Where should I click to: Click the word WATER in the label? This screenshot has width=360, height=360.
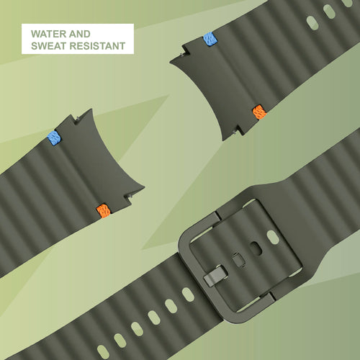45,34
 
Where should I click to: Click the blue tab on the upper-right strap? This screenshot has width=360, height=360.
210,39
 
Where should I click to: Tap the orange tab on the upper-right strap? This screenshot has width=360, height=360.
259,112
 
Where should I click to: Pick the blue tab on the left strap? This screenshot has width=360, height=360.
54,138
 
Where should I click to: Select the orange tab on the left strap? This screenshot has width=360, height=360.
104,211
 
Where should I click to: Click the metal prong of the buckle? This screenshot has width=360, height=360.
215,276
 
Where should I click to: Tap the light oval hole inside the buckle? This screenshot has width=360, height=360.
273,237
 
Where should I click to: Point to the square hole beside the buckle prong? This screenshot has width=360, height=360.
238,260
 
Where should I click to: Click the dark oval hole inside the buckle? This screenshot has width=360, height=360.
256,249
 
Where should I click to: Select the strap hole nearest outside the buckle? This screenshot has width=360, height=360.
188,294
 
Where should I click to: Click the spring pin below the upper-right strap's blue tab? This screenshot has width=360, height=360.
181,55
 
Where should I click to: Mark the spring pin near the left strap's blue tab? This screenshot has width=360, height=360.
78,118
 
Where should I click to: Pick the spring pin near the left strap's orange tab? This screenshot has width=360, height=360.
130,197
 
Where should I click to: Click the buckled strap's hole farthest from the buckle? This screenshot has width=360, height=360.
103,352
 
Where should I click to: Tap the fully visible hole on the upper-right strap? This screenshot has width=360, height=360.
312,23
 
